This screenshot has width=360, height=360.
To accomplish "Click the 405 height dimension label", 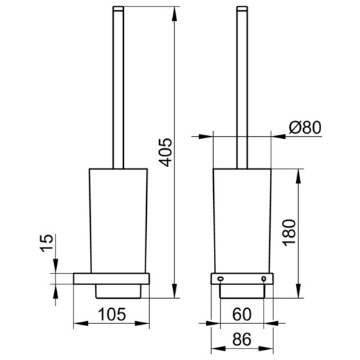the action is pyautogui.click(x=166, y=152).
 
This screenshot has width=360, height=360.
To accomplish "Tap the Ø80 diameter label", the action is pyautogui.click(x=305, y=127).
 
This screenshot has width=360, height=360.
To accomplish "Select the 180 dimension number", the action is pyautogui.click(x=289, y=233).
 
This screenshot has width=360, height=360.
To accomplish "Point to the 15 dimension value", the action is pyautogui.click(x=46, y=243).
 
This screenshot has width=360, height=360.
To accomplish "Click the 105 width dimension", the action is pyautogui.click(x=112, y=314).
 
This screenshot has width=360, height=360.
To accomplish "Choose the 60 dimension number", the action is pyautogui.click(x=242, y=314).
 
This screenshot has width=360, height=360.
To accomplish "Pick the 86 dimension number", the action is pyautogui.click(x=242, y=339).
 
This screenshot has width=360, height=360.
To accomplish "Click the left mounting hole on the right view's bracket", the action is pyautogui.click(x=220, y=279).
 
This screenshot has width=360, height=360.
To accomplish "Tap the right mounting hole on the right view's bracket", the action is pyautogui.click(x=264, y=279).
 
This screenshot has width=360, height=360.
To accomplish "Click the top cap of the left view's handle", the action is pyautogui.click(x=118, y=9).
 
